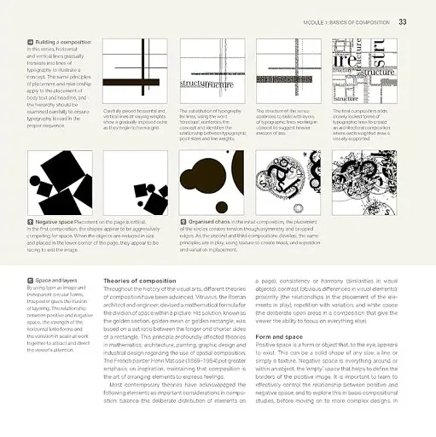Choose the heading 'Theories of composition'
pyautogui.click(x=141, y=280)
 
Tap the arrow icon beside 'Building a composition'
pyautogui.click(x=31, y=41)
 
